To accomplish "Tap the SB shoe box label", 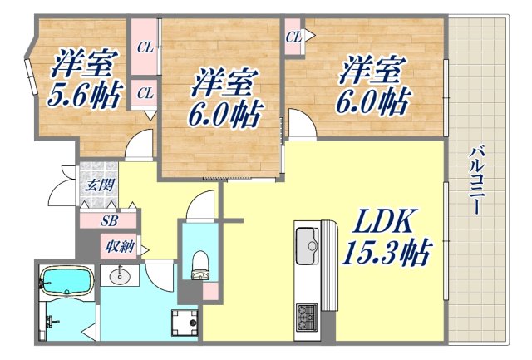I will (x=108, y=220).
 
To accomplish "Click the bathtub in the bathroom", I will (x=68, y=283).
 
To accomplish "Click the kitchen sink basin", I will (x=308, y=244).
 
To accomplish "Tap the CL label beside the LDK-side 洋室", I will (x=293, y=37).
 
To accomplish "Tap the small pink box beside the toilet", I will (x=212, y=291).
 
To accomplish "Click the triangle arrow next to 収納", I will (x=145, y=249).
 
